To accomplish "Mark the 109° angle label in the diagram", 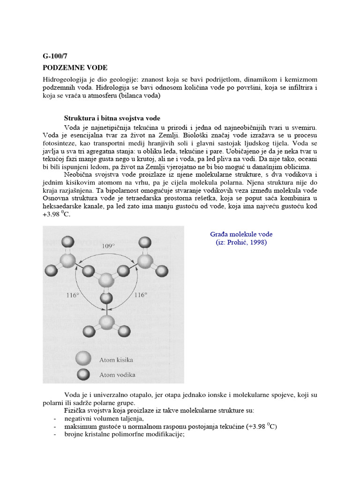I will pos(108,245).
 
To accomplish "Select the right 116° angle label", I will pos(141,295).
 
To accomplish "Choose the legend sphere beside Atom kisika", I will pos(83,360).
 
